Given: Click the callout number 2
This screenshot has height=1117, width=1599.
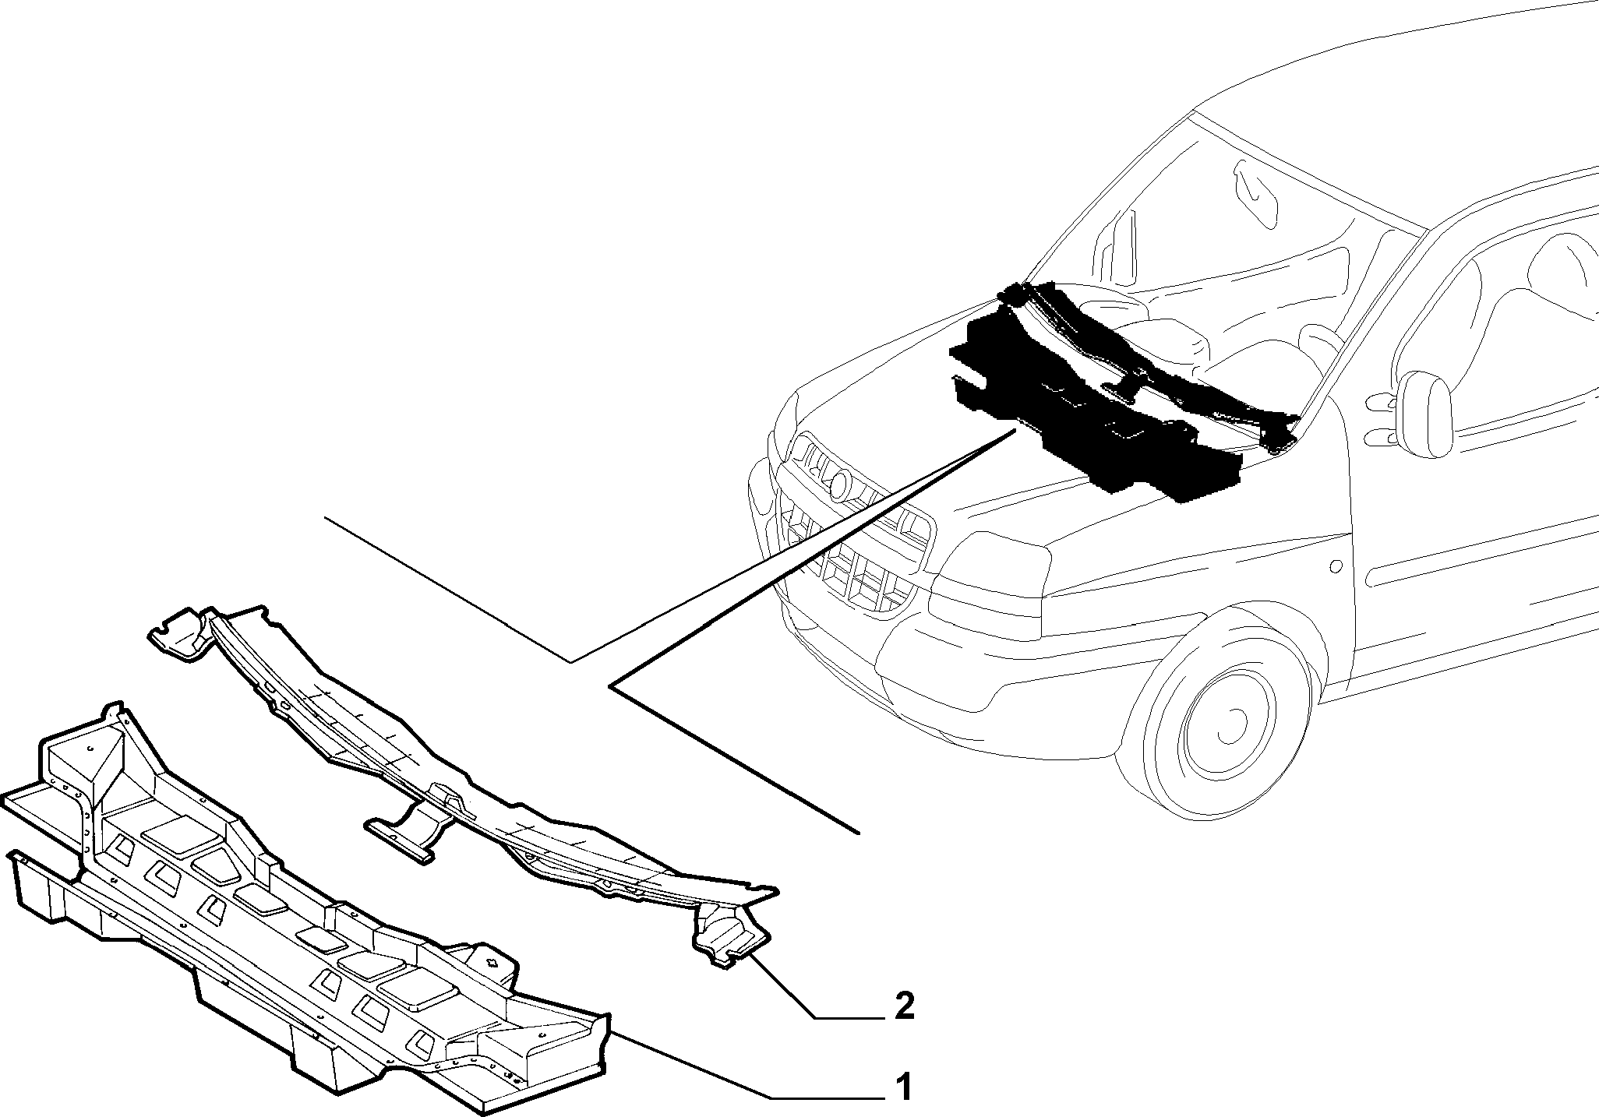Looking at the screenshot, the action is click(904, 1006).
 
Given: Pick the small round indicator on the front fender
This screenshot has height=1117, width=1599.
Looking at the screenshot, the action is click(1336, 565).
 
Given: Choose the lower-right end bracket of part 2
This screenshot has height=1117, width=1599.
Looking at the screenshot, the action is click(729, 939).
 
